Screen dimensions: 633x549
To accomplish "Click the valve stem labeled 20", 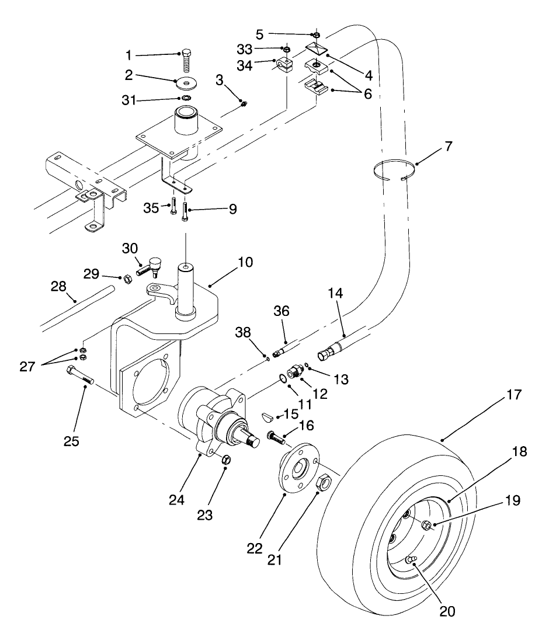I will click(411, 561).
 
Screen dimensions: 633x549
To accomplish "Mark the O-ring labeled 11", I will click(282, 378).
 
